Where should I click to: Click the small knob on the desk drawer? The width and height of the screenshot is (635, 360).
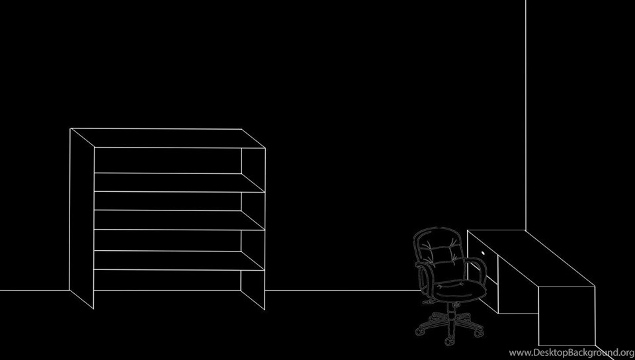[483, 253]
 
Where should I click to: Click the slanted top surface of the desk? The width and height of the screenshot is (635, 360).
[531, 258]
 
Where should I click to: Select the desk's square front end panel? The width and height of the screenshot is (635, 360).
[567, 316]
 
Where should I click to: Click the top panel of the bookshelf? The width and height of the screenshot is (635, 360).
[167, 138]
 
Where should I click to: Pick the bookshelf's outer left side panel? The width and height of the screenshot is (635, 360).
[82, 218]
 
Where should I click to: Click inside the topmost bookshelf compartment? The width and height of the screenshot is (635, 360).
[167, 160]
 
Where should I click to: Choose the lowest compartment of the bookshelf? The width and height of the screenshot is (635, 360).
[167, 280]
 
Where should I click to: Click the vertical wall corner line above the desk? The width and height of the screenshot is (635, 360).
[526, 115]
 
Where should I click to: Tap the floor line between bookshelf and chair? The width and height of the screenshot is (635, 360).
[343, 290]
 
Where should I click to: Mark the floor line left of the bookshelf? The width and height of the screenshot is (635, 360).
[34, 290]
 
